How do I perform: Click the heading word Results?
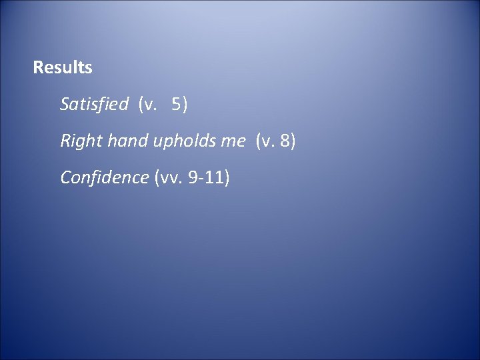click(x=63, y=67)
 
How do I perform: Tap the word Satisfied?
click(x=94, y=104)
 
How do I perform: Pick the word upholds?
click(x=177, y=141)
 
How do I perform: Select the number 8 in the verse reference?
click(x=283, y=141)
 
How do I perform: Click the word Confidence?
click(x=104, y=177)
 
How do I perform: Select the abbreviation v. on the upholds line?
click(x=268, y=141)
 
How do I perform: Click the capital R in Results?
click(x=37, y=67)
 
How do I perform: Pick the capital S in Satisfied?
click(x=65, y=104)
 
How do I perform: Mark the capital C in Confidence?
click(x=65, y=177)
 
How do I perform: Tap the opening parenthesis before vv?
click(x=157, y=178)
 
